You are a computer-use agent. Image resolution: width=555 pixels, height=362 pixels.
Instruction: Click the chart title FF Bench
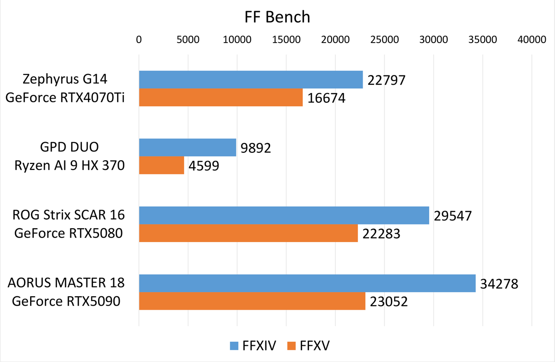coord(277,18)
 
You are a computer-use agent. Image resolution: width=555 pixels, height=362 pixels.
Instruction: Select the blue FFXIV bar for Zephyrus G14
coord(251,80)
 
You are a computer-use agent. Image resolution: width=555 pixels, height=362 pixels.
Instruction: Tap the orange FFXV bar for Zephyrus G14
coord(221,98)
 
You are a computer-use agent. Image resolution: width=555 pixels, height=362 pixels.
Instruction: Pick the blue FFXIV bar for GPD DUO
coord(187,148)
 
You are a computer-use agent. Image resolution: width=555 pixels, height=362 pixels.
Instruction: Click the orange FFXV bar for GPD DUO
coord(161,165)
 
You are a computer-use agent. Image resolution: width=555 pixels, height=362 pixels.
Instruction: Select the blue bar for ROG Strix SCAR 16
coord(284,215)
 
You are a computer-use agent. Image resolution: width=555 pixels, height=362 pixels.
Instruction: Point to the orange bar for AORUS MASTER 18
coord(252,301)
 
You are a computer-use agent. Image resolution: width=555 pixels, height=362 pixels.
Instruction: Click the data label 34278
coord(499,283)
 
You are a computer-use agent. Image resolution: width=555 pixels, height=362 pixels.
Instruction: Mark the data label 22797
coord(386,81)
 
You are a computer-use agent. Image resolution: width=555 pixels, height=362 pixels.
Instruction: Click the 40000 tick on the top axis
coord(532,40)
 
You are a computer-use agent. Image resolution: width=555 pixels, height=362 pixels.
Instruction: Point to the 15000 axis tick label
coord(286,40)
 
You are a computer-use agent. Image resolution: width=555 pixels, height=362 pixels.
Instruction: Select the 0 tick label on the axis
coord(139,40)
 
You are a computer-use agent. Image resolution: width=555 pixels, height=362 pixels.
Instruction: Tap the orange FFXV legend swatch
coord(291,345)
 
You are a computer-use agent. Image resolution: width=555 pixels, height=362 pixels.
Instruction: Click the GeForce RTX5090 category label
coord(66,301)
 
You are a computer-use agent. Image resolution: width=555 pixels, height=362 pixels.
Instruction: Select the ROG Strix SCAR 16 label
coord(69,215)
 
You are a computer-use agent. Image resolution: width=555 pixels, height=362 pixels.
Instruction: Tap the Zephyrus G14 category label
coord(65,80)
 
